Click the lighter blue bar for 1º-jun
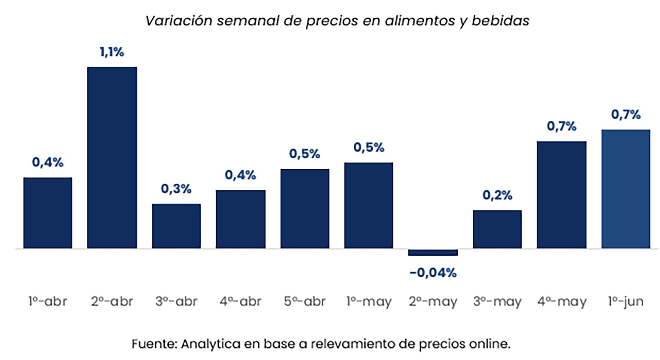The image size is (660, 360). point(626,189)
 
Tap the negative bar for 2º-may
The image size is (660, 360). point(433,252)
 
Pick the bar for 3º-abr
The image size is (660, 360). point(176,226)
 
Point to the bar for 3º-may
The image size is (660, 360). point(497,229)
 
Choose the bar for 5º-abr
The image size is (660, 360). point(305,208)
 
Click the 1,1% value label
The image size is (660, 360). point(112,52)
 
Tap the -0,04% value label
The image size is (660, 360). point(433,273)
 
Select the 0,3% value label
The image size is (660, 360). point(176,189)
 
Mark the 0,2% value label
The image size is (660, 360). point(497,195)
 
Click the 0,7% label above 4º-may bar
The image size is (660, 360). point(561,126)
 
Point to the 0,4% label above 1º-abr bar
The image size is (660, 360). point(48,162)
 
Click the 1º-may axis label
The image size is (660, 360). point(369,302)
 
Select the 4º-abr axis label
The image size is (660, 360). point(240,302)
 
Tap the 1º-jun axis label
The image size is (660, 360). point(626,302)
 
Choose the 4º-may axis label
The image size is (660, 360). point(562,302)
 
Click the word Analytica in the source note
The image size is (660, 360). point(210,344)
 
